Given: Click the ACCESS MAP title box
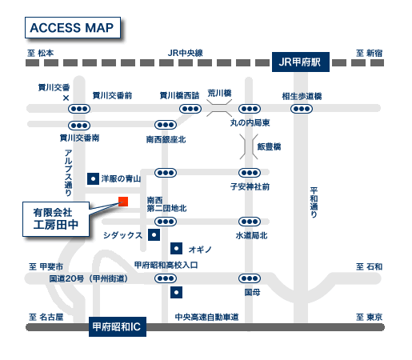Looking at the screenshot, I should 71,27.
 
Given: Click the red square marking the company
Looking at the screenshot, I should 123,201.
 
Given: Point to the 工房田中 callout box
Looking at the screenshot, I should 56,220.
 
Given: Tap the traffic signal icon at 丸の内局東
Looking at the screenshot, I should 250,108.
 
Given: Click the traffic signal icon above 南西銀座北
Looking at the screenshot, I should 166,125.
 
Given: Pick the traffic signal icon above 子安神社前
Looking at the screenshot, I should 250,173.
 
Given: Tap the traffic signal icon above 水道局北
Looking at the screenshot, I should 250,222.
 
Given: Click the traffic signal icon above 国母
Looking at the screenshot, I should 250,278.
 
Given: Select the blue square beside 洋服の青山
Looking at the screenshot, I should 92,178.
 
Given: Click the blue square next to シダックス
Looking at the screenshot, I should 152,234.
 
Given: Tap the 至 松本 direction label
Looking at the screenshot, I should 41,53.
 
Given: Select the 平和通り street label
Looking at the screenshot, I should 314,202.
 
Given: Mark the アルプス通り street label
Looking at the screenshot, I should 69,173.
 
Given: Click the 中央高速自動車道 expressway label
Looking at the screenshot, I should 207,318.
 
